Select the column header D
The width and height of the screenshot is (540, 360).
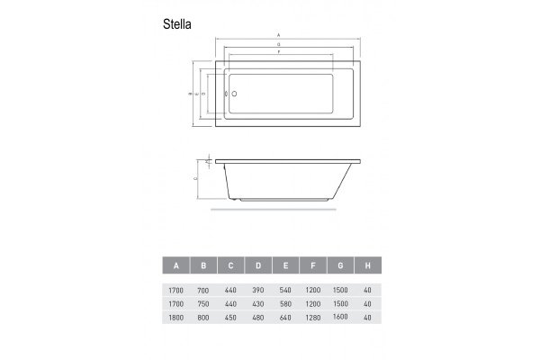[x=258, y=265]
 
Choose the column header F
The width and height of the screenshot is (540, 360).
[x=312, y=265]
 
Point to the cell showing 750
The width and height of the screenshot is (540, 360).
[x=204, y=303]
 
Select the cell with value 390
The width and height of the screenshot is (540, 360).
[x=258, y=291]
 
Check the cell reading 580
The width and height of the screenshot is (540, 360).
[x=285, y=303]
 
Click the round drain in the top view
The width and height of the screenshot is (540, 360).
[x=233, y=93]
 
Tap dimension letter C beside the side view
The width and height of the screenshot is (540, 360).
[x=197, y=179]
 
